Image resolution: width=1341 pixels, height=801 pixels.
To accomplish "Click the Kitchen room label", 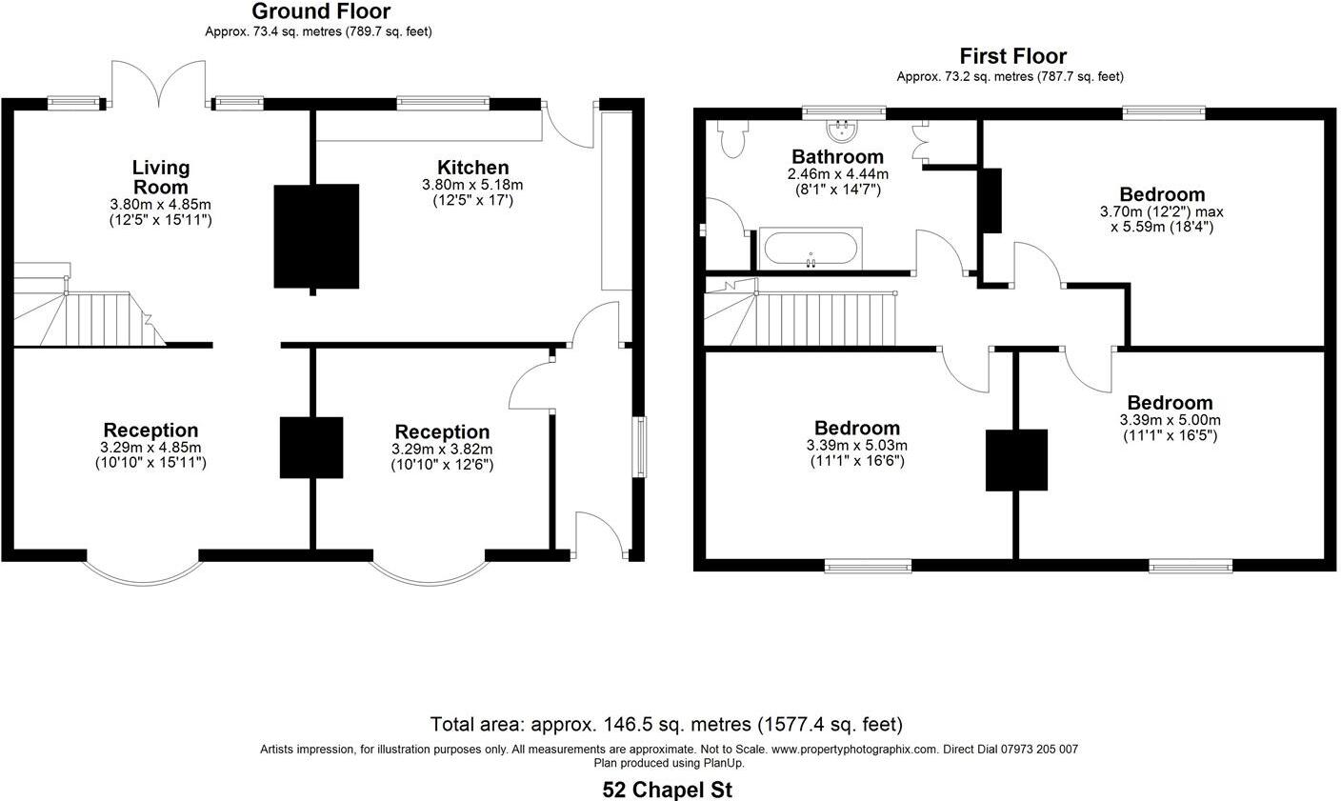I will pos(472,168).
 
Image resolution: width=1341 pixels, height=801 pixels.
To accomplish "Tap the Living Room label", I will pos(160,177).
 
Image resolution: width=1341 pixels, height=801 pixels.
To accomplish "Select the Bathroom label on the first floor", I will pos(837,156).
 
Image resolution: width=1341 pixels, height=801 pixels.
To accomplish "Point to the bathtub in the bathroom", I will pos(810,250).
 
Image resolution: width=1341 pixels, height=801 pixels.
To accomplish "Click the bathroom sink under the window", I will pos(843,128).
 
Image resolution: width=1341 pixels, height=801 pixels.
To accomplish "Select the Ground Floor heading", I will pos(320,11).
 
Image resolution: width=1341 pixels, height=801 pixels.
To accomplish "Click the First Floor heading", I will pos(1012,56).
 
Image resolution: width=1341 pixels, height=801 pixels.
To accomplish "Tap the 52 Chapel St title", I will pos(669,790).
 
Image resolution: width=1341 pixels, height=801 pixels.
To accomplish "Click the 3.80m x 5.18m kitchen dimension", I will pos(472,185).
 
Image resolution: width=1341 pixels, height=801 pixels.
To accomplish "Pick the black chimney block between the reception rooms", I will pos(310,448).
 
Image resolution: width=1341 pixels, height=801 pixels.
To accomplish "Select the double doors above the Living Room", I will pos(159,85).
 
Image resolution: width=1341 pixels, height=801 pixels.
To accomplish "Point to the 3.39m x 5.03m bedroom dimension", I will pos(856,445).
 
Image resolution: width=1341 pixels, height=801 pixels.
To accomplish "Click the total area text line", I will pos(667,725).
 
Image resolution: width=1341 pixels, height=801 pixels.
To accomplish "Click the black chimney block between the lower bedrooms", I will pos(1016,460).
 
